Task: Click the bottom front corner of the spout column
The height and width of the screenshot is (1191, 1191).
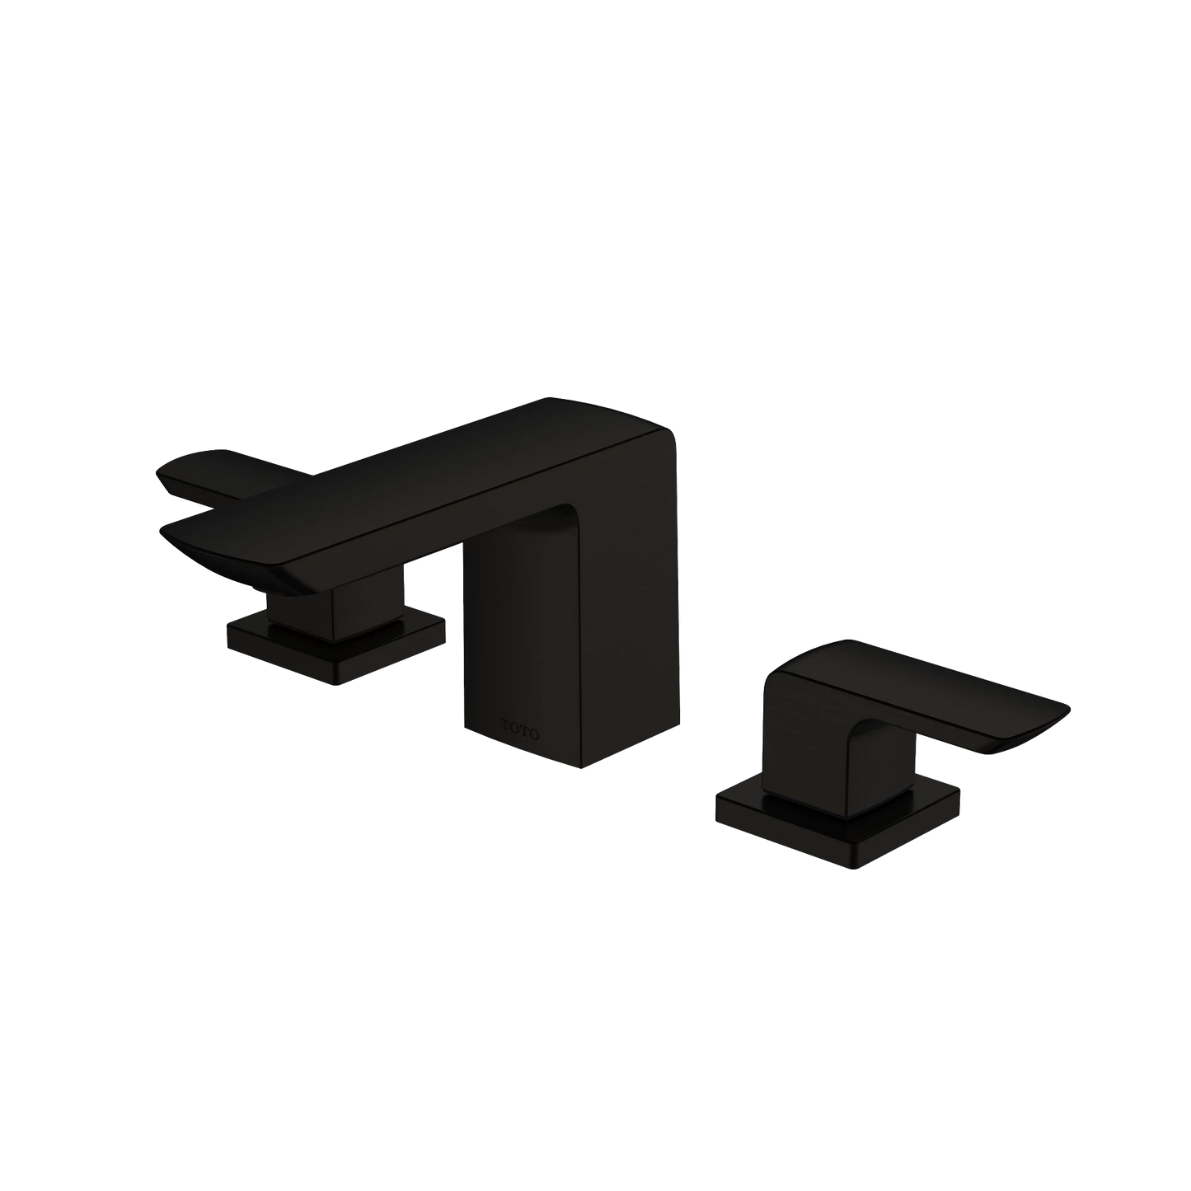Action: pos(581,768)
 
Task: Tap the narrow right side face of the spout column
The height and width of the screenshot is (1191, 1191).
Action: pos(635,593)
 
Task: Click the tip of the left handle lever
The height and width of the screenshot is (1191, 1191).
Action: pos(158,473)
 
